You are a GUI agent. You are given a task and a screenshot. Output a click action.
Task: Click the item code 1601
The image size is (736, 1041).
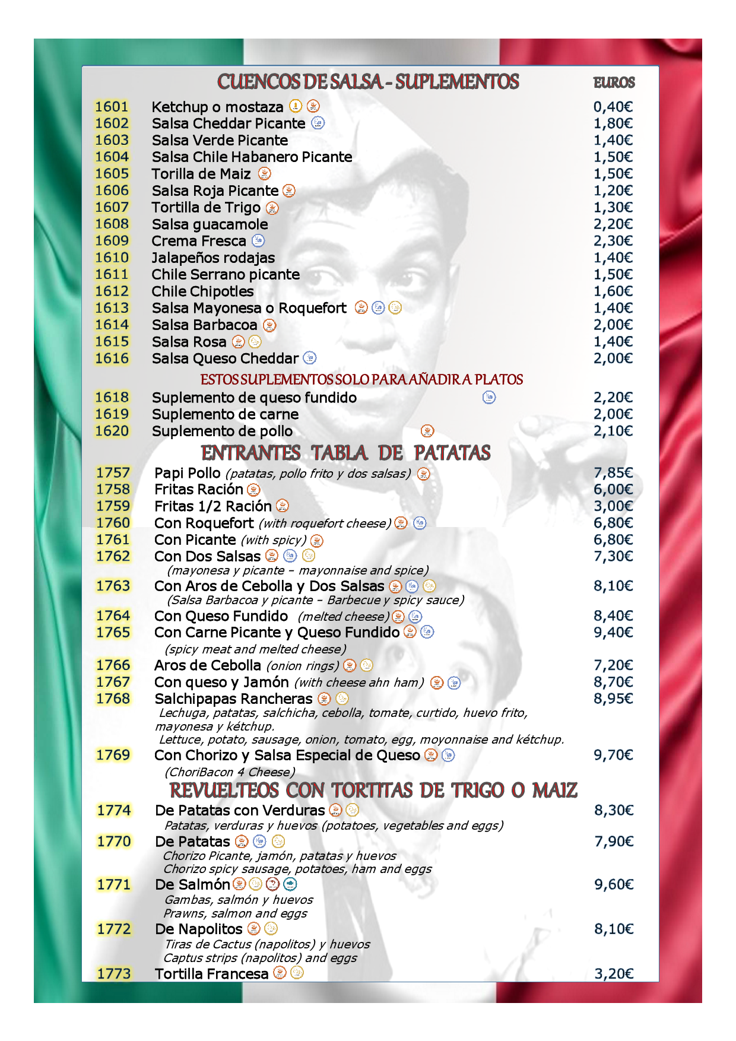click(112, 107)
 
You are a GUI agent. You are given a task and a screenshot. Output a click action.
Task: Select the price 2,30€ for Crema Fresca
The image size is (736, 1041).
click(613, 241)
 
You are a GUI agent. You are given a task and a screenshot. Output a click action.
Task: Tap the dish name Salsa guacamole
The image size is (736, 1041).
click(210, 224)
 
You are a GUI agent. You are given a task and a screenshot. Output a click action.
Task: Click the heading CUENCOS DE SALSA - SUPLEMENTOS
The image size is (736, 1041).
click(368, 82)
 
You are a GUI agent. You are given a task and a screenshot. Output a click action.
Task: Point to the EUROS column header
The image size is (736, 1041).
click(614, 83)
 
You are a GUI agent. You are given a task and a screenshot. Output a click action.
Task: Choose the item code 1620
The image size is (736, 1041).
click(112, 431)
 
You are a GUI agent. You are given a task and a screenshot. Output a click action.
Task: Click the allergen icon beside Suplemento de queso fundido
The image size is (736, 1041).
click(489, 398)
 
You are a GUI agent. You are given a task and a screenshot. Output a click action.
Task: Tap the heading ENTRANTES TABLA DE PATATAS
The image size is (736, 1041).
click(345, 453)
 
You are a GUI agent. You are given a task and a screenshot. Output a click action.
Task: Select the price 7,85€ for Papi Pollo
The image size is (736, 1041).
click(613, 473)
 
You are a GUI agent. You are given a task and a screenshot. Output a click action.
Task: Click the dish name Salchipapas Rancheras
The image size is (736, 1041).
click(233, 699)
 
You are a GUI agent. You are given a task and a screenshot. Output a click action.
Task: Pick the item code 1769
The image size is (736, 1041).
click(113, 755)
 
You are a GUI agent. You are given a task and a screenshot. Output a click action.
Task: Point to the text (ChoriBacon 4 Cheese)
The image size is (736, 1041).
click(230, 772)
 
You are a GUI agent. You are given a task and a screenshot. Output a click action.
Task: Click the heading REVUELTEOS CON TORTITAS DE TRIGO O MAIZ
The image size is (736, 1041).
click(373, 791)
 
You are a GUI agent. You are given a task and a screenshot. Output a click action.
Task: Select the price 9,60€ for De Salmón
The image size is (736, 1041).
click(614, 885)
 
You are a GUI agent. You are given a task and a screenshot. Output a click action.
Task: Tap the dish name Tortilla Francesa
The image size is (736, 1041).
click(211, 974)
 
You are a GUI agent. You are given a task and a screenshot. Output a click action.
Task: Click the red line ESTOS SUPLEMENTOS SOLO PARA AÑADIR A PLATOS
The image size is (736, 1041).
click(361, 380)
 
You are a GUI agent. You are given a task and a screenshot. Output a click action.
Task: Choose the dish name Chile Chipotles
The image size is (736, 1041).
click(202, 291)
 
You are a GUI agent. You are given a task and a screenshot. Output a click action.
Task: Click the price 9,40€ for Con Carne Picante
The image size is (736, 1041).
click(613, 633)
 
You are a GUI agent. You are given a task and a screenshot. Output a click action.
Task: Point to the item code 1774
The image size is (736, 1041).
click(114, 811)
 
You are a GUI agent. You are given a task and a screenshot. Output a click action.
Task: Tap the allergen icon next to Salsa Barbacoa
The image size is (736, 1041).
click(269, 325)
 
